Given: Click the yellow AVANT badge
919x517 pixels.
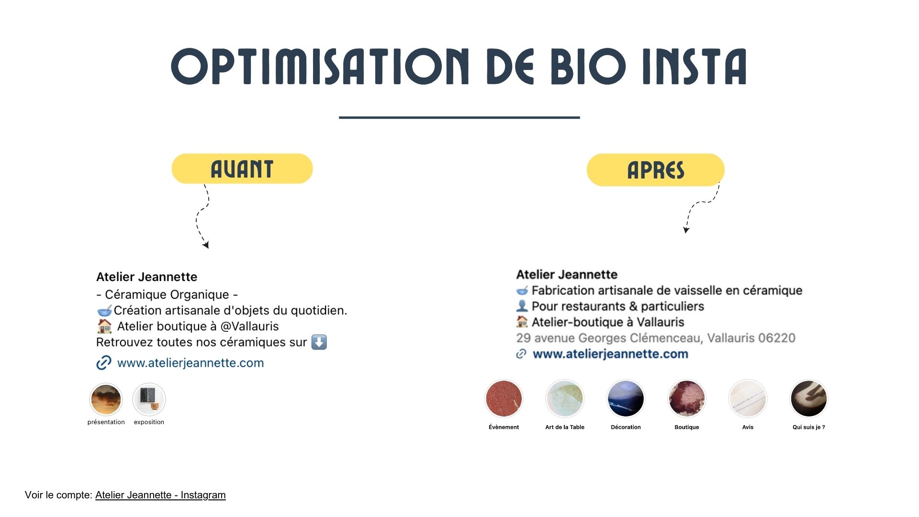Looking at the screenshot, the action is (x=242, y=169).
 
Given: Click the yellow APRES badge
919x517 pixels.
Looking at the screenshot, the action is (x=656, y=170).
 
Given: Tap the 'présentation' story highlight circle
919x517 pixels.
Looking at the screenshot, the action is (x=106, y=400).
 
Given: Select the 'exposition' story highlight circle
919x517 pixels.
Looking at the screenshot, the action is (x=149, y=400).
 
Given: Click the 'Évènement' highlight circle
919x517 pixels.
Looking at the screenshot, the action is (x=504, y=399).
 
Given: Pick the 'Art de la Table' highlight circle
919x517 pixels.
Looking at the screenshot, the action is (x=565, y=399).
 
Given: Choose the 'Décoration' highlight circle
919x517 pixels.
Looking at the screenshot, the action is (x=626, y=399).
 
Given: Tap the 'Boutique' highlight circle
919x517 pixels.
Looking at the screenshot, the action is (x=687, y=399).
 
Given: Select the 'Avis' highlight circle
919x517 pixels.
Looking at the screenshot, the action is (x=748, y=399).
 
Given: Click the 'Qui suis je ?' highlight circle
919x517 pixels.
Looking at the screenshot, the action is (x=809, y=399).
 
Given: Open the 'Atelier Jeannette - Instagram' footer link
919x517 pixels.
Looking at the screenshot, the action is (x=160, y=495).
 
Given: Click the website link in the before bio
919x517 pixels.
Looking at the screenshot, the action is (x=191, y=363).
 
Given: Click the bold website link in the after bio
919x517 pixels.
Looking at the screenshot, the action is (x=610, y=354).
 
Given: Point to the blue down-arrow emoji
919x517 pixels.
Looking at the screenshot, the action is (x=319, y=342).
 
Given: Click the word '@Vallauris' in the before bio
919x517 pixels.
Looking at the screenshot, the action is (x=249, y=326).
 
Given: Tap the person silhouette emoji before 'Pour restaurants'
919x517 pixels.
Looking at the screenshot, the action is (x=522, y=306).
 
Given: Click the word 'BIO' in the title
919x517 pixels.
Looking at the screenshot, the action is (x=588, y=67).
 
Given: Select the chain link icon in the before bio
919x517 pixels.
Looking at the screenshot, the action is (x=104, y=363).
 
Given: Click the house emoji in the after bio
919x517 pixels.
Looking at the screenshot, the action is (x=522, y=322).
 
